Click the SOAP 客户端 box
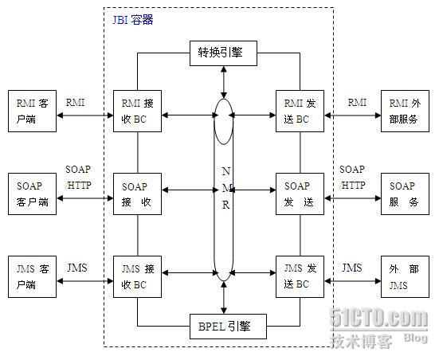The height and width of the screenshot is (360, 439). (32, 194)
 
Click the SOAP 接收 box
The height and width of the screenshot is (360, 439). (139, 194)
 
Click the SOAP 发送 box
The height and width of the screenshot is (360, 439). (301, 194)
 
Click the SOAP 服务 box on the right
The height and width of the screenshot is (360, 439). (406, 194)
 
